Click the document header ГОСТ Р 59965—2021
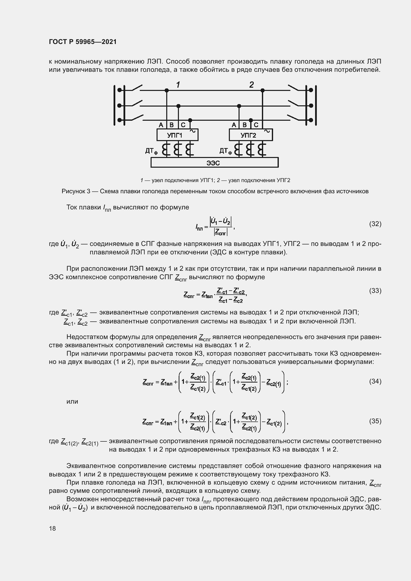(83, 42)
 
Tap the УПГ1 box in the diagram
(177, 135)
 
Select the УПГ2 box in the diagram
(250, 135)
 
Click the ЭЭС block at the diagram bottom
(214, 162)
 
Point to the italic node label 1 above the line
(178, 84)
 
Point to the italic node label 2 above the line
(251, 84)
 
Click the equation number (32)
(375, 224)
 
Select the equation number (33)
(375, 291)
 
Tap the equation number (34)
(375, 381)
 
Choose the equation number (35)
(375, 421)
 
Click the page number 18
(52, 528)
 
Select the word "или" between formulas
(72, 402)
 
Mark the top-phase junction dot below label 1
(166, 90)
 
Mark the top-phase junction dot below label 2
(262, 90)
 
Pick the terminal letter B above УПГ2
(245, 125)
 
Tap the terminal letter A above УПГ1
(161, 125)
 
